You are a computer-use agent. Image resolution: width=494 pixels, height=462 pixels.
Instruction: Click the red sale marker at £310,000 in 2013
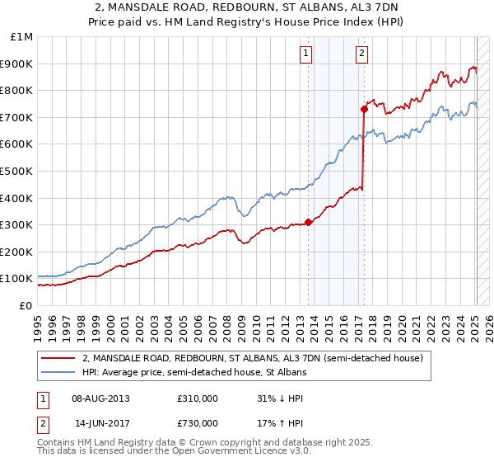309,221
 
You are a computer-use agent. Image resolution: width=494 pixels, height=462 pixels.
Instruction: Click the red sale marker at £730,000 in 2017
363,108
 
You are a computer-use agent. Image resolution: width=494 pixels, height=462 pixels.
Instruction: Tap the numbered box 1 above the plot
305,54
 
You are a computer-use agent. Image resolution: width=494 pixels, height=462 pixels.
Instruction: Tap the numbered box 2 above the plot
361,54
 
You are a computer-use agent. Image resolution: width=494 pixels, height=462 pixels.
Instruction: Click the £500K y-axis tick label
16,172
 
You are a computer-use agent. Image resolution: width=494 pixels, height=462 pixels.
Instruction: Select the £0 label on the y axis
25,305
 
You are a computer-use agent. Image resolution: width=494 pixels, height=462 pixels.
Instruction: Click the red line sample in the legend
58,358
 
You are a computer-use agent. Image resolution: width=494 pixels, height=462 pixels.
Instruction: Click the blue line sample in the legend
58,373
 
